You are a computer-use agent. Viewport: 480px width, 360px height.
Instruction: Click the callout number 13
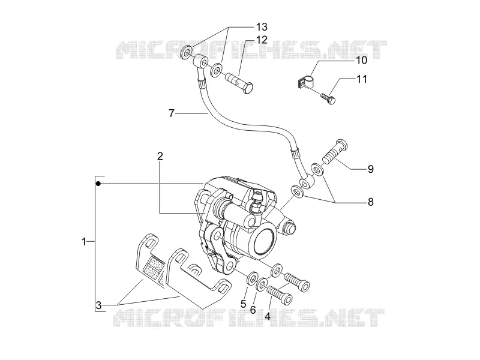click(x=262, y=27)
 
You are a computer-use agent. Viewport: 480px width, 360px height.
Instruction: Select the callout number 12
click(x=262, y=40)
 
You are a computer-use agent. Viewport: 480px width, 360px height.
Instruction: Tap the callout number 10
click(x=362, y=60)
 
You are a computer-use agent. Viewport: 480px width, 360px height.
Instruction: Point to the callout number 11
click(x=362, y=79)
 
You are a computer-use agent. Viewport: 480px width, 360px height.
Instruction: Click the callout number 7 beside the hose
click(x=172, y=113)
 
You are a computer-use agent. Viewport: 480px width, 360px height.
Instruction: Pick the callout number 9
click(x=371, y=169)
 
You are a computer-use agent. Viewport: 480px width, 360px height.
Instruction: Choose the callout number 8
click(x=371, y=202)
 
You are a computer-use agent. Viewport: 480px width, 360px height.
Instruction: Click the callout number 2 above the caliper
click(x=160, y=157)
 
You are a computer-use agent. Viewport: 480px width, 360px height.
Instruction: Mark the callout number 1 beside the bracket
click(x=84, y=242)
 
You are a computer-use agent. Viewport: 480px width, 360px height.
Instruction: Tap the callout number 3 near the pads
click(x=98, y=305)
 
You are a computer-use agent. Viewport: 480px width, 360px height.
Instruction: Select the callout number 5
click(x=244, y=304)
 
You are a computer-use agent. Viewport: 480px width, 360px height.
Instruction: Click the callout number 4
click(x=268, y=316)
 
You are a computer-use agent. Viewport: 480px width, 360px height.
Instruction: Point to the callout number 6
click(x=253, y=310)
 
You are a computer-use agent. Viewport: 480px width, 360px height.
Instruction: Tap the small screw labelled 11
click(x=328, y=99)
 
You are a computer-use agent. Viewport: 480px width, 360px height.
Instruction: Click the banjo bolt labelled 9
click(x=335, y=152)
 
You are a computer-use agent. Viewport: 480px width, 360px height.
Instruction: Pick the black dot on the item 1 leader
click(x=98, y=184)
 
